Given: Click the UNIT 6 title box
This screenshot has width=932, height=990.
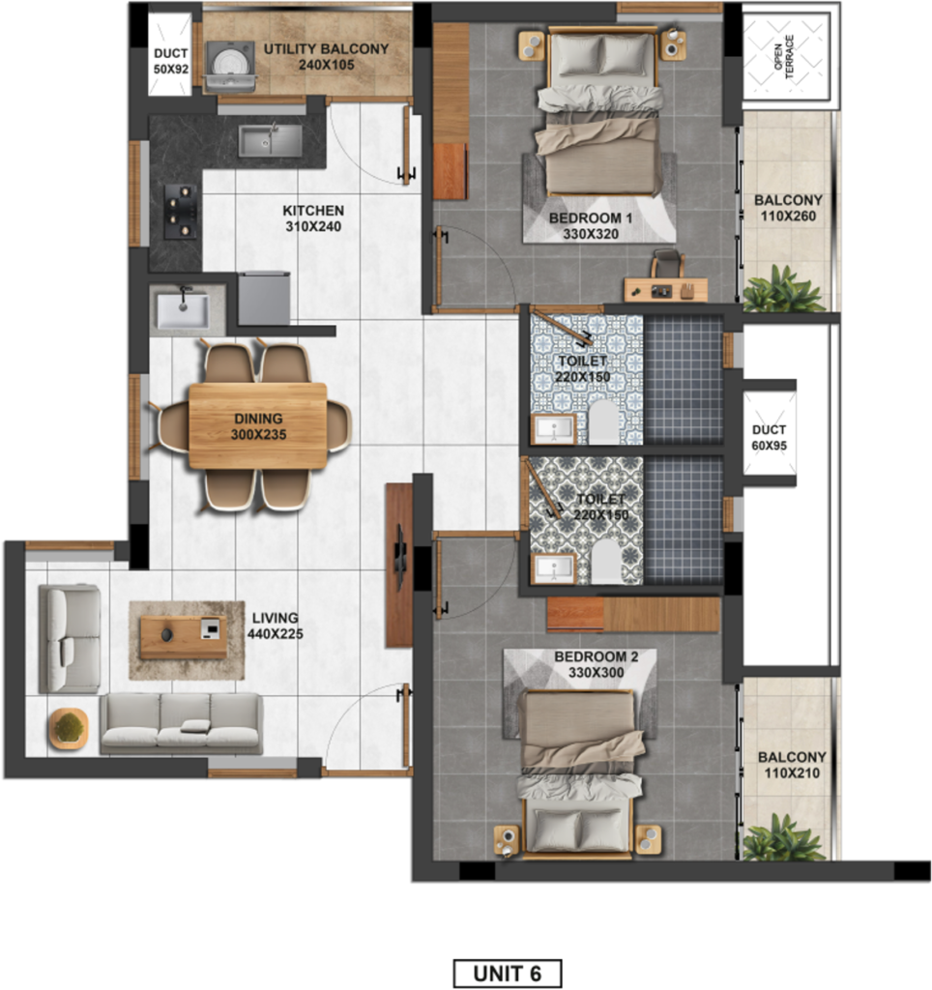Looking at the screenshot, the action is [507, 973].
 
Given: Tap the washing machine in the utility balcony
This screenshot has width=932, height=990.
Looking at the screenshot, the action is [230, 67].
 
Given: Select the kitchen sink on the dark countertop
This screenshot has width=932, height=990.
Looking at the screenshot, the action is [270, 140].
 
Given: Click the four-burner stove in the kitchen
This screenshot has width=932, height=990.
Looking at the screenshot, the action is [181, 212].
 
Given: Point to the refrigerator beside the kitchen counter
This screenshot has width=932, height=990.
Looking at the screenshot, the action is [264, 298].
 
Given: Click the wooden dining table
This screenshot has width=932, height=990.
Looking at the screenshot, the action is [257, 426].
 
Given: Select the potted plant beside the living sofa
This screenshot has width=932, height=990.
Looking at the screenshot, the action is [69, 729].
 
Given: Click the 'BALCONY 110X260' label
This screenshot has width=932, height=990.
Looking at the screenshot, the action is [788, 209].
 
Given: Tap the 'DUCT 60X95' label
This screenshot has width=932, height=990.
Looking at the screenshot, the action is [769, 438].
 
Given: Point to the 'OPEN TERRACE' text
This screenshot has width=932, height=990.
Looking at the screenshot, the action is [785, 57].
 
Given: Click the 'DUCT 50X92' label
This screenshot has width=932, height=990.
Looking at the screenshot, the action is [171, 61].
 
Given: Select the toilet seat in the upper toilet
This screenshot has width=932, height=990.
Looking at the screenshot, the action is [603, 422].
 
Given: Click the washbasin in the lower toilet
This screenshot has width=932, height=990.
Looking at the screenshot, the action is [554, 568].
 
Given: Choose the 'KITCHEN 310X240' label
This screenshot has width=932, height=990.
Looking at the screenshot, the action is [313, 218].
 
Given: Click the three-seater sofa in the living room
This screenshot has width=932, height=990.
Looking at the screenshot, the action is [181, 723].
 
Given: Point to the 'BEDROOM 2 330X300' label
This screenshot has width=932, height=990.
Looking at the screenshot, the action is [597, 665].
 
